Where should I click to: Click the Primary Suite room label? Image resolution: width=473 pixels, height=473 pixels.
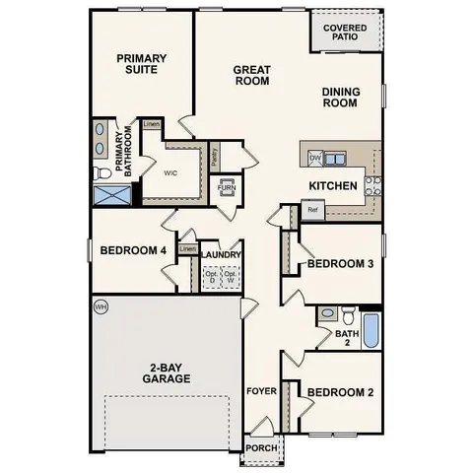[x=142, y=65]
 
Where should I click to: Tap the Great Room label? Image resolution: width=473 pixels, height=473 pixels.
[x=251, y=76]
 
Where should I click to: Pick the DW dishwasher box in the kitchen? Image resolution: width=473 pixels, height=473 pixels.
[x=315, y=158]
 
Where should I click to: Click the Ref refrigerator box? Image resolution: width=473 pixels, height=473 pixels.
[x=312, y=210]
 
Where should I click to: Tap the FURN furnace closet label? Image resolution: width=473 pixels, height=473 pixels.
[x=227, y=186]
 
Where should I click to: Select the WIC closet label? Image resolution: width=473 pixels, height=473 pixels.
[x=169, y=171]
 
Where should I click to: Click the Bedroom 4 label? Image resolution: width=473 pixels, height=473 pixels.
[x=133, y=250]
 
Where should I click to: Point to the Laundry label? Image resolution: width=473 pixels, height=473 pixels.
[x=222, y=254]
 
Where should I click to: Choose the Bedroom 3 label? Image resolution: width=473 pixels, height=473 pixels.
[x=340, y=264]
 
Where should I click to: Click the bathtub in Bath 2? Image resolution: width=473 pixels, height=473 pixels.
[x=371, y=331]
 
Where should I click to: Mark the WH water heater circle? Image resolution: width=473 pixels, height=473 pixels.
[x=100, y=306]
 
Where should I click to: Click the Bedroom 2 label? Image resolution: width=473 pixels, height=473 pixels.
[x=340, y=393]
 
